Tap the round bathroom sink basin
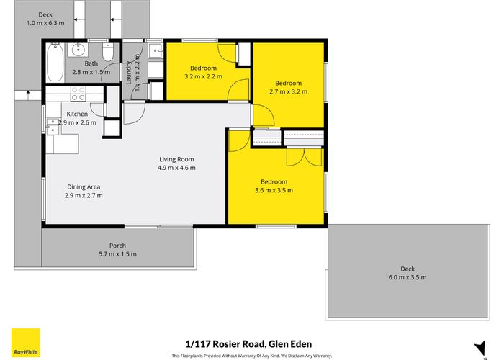78,50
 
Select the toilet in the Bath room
107,53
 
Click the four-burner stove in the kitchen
77,93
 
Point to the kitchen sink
53,126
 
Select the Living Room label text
176,159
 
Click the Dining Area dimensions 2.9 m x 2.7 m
84,195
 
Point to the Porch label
117,246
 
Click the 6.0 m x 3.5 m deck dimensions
408,277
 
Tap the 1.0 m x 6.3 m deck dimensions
45,22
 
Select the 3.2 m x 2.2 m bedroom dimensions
203,76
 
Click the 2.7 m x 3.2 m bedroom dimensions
288,91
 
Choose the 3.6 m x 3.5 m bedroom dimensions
274,190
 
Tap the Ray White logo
25,343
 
